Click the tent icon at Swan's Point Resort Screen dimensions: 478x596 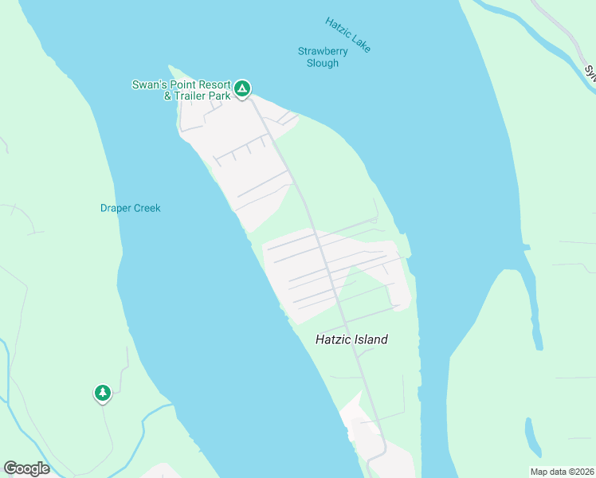click(x=242, y=88)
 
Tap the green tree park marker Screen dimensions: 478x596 click(x=102, y=393)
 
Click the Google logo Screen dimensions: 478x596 click(x=26, y=468)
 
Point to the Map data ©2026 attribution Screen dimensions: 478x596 click(x=562, y=472)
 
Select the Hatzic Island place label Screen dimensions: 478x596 click(x=351, y=339)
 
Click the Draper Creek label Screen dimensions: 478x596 click(x=130, y=209)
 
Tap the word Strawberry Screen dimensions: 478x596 click(x=323, y=52)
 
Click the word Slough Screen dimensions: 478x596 click(x=323, y=63)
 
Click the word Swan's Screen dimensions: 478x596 click(x=148, y=85)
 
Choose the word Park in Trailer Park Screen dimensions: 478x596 click(x=220, y=96)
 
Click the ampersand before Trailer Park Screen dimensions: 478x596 click(x=167, y=96)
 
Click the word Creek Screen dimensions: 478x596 click(x=147, y=209)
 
